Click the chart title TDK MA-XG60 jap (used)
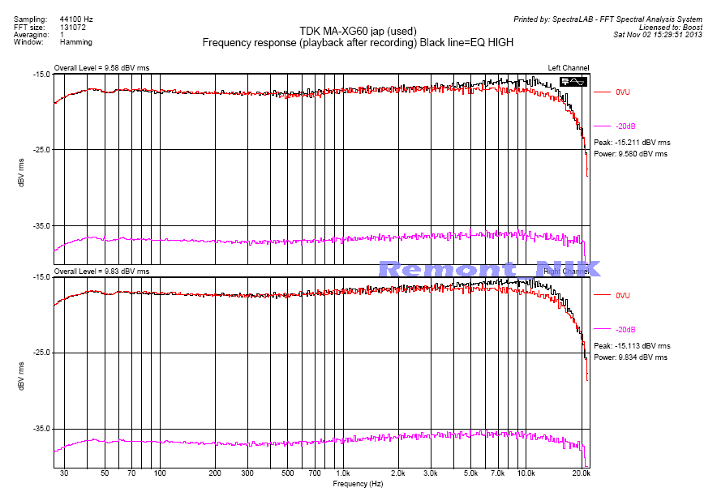click(358, 32)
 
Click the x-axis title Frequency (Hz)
click(357, 484)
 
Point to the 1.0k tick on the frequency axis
click(342, 473)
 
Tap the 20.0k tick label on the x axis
click(581, 473)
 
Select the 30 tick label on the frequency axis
click(63, 473)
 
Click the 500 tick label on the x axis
click(287, 473)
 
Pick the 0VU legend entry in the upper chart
click(622, 92)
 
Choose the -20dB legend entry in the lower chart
click(625, 330)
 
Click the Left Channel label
click(569, 67)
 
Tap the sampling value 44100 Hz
click(76, 18)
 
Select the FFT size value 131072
click(74, 26)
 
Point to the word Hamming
click(76, 42)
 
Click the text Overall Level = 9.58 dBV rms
click(101, 67)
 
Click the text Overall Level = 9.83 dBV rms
click(101, 271)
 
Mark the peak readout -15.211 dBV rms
click(643, 143)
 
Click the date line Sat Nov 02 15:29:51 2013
click(657, 35)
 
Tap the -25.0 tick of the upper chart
click(39, 150)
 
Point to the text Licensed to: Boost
click(671, 27)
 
